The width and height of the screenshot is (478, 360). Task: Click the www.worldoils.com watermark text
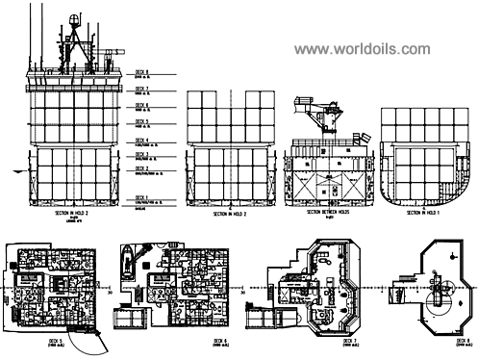(364, 48)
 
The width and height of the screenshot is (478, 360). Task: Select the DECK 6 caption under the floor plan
(220, 342)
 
